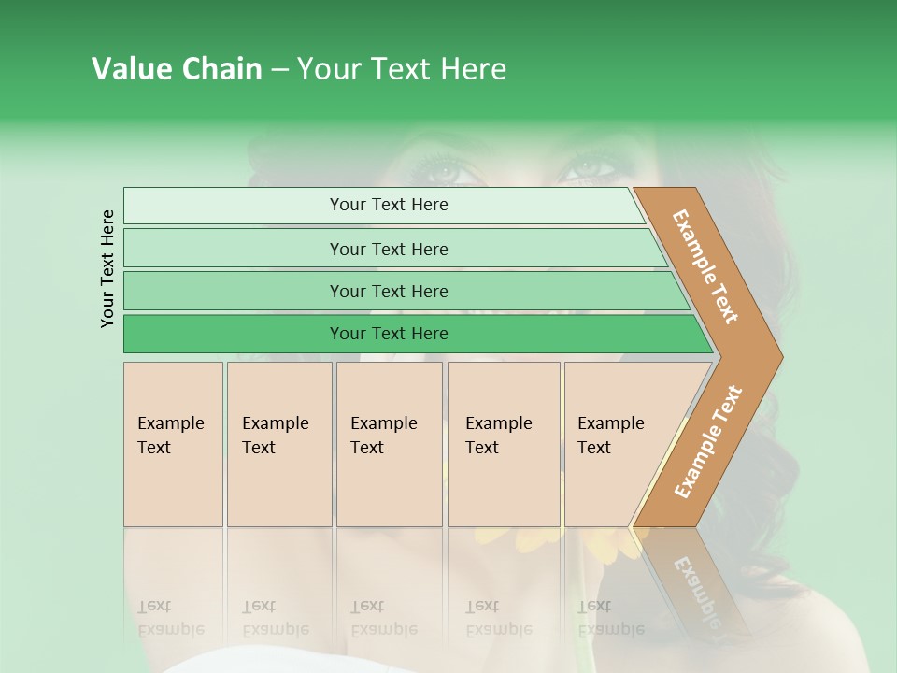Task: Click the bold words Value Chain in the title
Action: click(177, 69)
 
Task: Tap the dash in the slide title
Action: click(279, 70)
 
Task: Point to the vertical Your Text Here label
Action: click(107, 268)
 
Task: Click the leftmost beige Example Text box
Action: click(173, 444)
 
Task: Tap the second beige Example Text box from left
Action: click(279, 444)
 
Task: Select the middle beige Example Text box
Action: click(389, 444)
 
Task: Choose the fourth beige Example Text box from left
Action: click(504, 444)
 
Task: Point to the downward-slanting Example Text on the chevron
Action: click(705, 266)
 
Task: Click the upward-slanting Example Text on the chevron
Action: click(708, 442)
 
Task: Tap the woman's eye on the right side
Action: click(587, 169)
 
